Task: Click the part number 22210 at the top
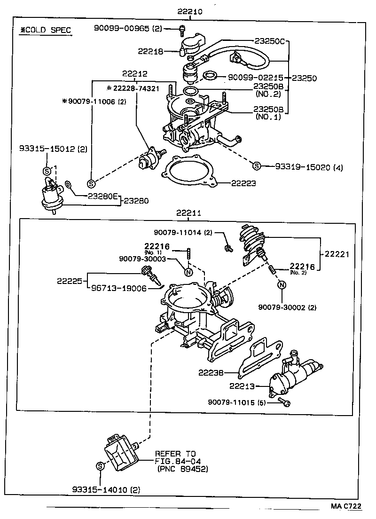191,11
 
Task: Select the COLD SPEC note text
45,31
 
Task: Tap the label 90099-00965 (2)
127,29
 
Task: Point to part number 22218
150,51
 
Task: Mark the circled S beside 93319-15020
256,165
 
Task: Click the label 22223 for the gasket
243,183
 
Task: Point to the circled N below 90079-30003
188,272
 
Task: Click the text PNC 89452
183,469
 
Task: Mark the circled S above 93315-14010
100,466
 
